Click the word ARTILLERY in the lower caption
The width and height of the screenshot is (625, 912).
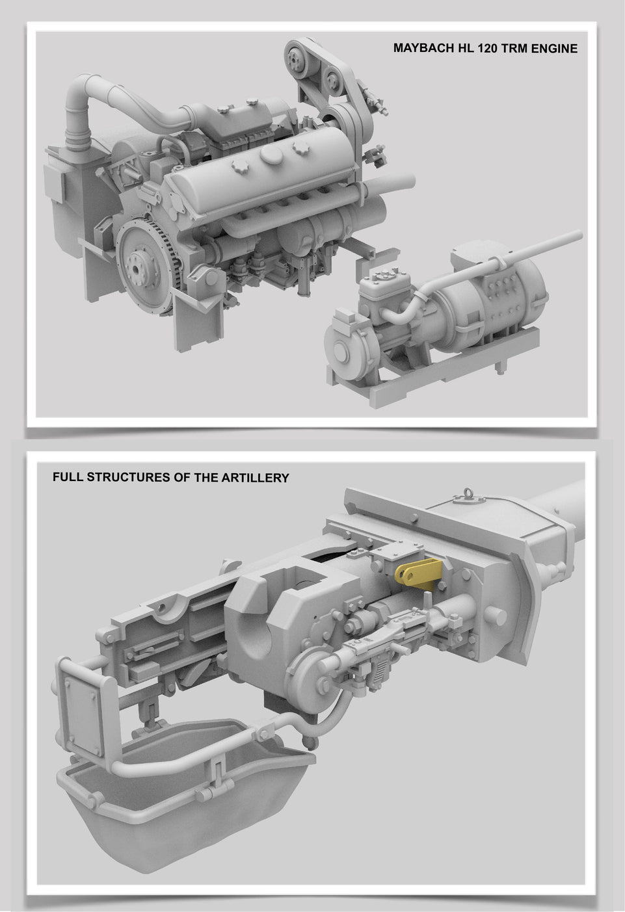click(255, 477)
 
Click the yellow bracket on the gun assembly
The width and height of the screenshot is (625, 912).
click(418, 572)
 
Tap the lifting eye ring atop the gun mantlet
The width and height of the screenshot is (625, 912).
click(467, 494)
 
